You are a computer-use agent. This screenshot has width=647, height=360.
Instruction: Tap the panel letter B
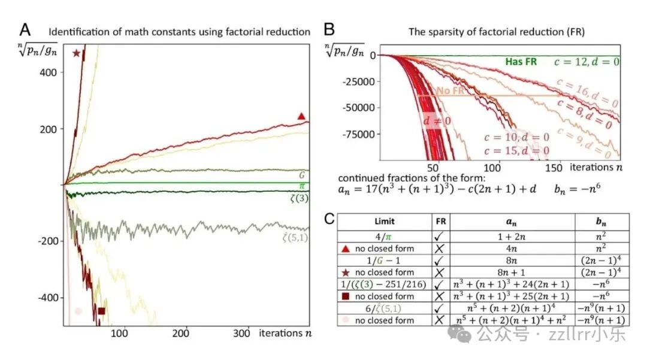[329, 30]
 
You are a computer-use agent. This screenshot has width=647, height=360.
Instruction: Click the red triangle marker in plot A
[301, 116]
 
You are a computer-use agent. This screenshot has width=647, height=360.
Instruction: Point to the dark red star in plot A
[76, 53]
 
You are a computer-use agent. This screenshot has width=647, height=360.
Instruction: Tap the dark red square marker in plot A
[101, 311]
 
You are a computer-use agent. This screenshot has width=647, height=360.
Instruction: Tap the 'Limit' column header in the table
[385, 220]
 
